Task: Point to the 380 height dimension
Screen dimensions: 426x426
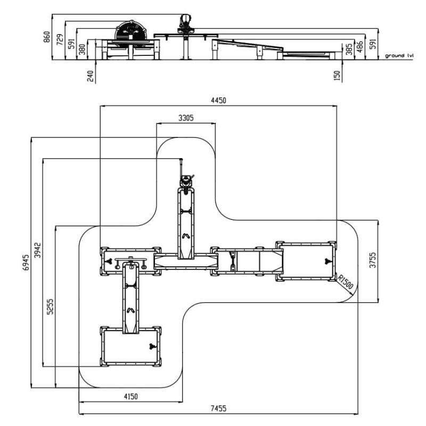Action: click(81, 50)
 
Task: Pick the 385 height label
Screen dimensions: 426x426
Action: click(348, 50)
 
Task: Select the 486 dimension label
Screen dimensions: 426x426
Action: click(361, 45)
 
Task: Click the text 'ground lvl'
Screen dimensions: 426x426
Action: click(399, 55)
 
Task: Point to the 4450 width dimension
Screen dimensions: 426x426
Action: click(218, 101)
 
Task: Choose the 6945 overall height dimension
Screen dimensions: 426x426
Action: click(26, 263)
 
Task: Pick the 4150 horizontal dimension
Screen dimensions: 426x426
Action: click(130, 397)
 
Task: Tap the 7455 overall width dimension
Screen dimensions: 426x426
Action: click(218, 408)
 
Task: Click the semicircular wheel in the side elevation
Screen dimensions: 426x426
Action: click(131, 30)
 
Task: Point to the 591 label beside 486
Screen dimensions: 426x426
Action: click(373, 42)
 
